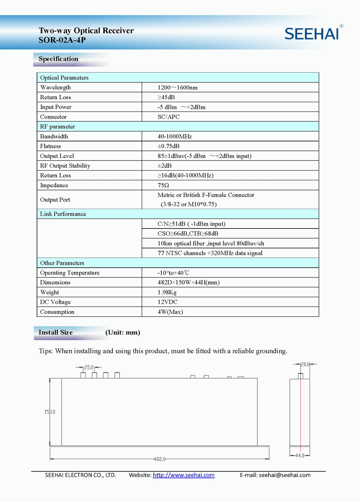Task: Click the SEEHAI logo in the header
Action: pyautogui.click(x=312, y=33)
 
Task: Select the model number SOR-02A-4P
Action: pyautogui.click(x=62, y=40)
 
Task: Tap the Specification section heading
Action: pyautogui.click(x=58, y=59)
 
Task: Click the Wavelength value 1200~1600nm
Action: pyautogui.click(x=177, y=87)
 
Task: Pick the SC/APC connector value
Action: pyautogui.click(x=168, y=117)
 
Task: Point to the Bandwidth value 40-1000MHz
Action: pyautogui.click(x=175, y=136)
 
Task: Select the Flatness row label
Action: pyautogui.click(x=50, y=146)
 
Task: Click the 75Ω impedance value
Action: pyautogui.click(x=163, y=185)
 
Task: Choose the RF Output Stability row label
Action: pyautogui.click(x=65, y=166)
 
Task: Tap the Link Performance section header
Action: pyautogui.click(x=63, y=214)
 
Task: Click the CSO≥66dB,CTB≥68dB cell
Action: pyautogui.click(x=188, y=234)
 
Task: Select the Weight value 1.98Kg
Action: pyautogui.click(x=167, y=292)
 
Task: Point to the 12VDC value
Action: pyautogui.click(x=167, y=302)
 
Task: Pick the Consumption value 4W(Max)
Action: pyautogui.click(x=170, y=312)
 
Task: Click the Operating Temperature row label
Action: pyautogui.click(x=70, y=273)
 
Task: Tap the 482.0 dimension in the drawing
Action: pyautogui.click(x=159, y=459)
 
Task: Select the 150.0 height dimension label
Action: pyautogui.click(x=50, y=412)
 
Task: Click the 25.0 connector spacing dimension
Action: pyautogui.click(x=89, y=367)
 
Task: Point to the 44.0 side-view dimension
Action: pyautogui.click(x=300, y=456)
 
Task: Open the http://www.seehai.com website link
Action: pyautogui.click(x=184, y=475)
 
